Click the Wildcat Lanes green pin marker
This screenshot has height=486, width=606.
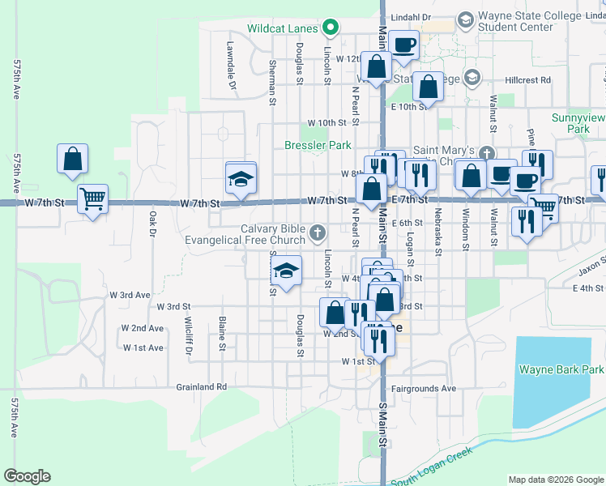[x=330, y=28]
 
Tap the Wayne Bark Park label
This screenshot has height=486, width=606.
[x=561, y=369]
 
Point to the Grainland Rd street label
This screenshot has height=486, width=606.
[x=202, y=387]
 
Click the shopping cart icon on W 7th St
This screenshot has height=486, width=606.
[x=92, y=198]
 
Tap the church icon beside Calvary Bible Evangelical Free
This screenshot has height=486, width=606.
[x=317, y=235]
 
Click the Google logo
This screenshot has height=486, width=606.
[x=27, y=476]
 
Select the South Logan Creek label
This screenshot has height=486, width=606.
[x=431, y=468]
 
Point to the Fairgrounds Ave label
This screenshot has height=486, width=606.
[x=424, y=388]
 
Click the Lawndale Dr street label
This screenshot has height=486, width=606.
[x=230, y=66]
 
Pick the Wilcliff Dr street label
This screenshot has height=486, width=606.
[x=187, y=336]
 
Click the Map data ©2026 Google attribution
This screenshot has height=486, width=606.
[x=556, y=479]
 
